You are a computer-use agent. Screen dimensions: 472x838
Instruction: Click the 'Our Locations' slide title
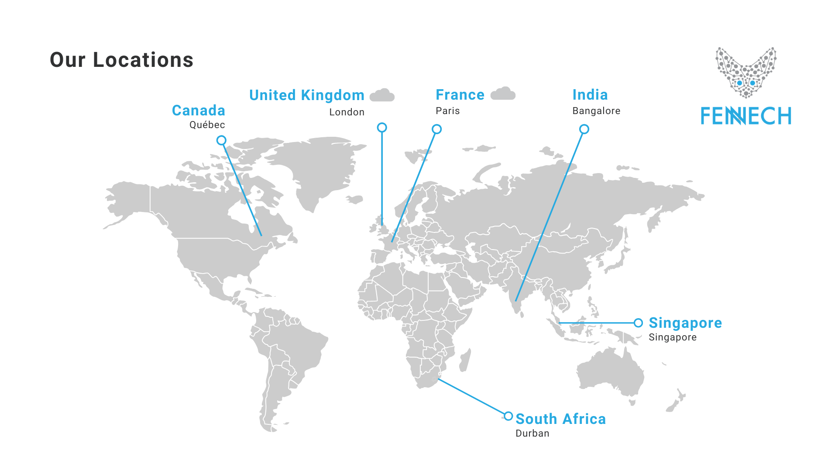click(121, 60)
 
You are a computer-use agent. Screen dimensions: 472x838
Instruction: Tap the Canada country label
click(199, 111)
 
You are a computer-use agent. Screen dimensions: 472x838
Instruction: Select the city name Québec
click(207, 125)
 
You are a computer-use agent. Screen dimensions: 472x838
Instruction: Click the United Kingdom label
click(306, 95)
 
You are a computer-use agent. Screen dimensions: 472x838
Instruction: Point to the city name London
click(347, 112)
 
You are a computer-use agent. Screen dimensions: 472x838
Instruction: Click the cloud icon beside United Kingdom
click(382, 95)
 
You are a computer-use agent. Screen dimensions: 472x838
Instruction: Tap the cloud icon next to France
click(503, 94)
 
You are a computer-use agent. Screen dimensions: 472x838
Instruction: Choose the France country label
click(460, 95)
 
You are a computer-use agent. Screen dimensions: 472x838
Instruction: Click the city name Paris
click(448, 111)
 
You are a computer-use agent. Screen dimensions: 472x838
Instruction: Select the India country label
click(590, 95)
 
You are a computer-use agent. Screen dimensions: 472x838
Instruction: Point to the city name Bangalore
click(596, 111)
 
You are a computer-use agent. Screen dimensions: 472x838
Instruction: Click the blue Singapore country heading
click(685, 323)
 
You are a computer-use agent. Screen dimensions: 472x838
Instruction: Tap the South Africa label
click(561, 419)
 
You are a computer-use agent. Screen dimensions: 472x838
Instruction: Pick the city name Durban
click(532, 434)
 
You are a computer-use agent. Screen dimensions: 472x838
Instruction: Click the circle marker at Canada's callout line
click(221, 140)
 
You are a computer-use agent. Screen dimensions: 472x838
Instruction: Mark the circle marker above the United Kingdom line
click(382, 128)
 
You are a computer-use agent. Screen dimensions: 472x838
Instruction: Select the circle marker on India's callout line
click(584, 129)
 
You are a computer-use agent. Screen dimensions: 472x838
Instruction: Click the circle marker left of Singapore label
click(638, 323)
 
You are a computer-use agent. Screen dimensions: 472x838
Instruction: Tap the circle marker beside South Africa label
click(508, 416)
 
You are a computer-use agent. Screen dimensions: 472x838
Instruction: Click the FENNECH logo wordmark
click(746, 116)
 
